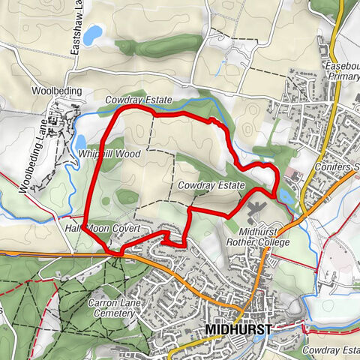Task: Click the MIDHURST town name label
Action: click(x=237, y=329)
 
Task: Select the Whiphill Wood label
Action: click(x=109, y=153)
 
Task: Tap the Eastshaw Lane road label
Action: click(x=76, y=34)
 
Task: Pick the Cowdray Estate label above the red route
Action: click(x=139, y=100)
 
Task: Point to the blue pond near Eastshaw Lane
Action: click(x=93, y=34)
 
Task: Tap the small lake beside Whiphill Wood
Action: click(x=81, y=142)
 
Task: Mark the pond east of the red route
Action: click(x=286, y=196)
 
